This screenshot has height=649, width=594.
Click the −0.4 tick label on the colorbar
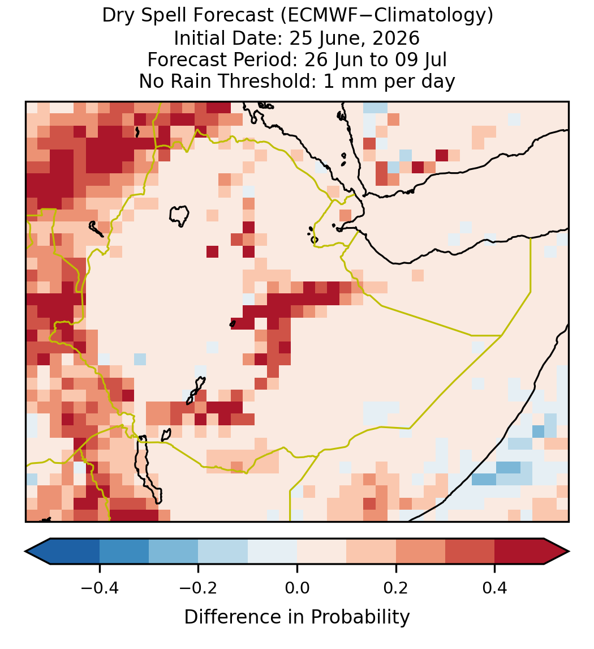99,587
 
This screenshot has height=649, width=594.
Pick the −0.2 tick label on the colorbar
198,587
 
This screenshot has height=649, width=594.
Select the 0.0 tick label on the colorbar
297,587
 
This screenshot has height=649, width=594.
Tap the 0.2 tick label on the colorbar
396,587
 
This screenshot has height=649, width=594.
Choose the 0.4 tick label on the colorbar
495,587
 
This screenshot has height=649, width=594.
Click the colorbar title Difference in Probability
297,617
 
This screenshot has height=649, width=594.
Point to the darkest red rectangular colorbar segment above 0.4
519,552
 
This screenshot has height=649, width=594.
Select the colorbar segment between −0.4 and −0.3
124,552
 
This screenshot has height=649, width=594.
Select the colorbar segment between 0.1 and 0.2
371,552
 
